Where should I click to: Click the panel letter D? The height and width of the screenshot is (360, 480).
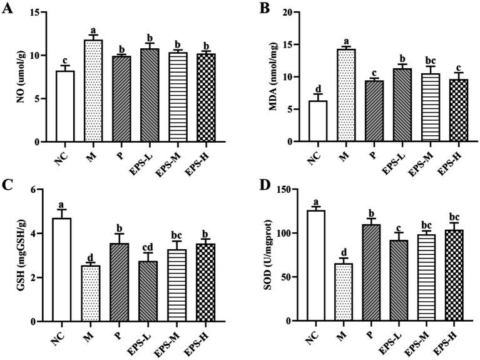pyautogui.click(x=258, y=186)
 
